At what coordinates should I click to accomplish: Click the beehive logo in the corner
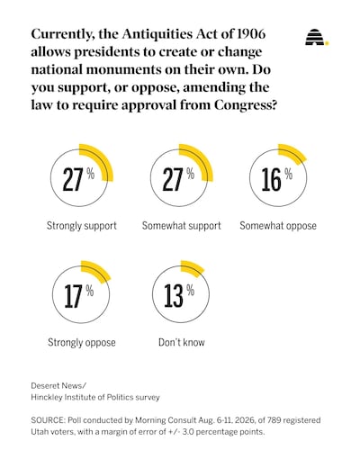(317, 37)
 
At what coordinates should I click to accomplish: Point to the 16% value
(277, 179)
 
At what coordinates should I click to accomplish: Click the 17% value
(79, 296)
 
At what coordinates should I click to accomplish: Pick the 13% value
(179, 296)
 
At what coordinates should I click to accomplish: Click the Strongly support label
(82, 226)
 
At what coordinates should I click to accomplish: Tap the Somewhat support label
(181, 226)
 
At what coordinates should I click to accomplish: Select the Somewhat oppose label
(278, 226)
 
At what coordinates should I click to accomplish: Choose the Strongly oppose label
(82, 343)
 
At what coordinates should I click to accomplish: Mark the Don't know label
(182, 342)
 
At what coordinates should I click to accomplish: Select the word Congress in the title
(246, 105)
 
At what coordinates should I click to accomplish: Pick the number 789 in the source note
(274, 420)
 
